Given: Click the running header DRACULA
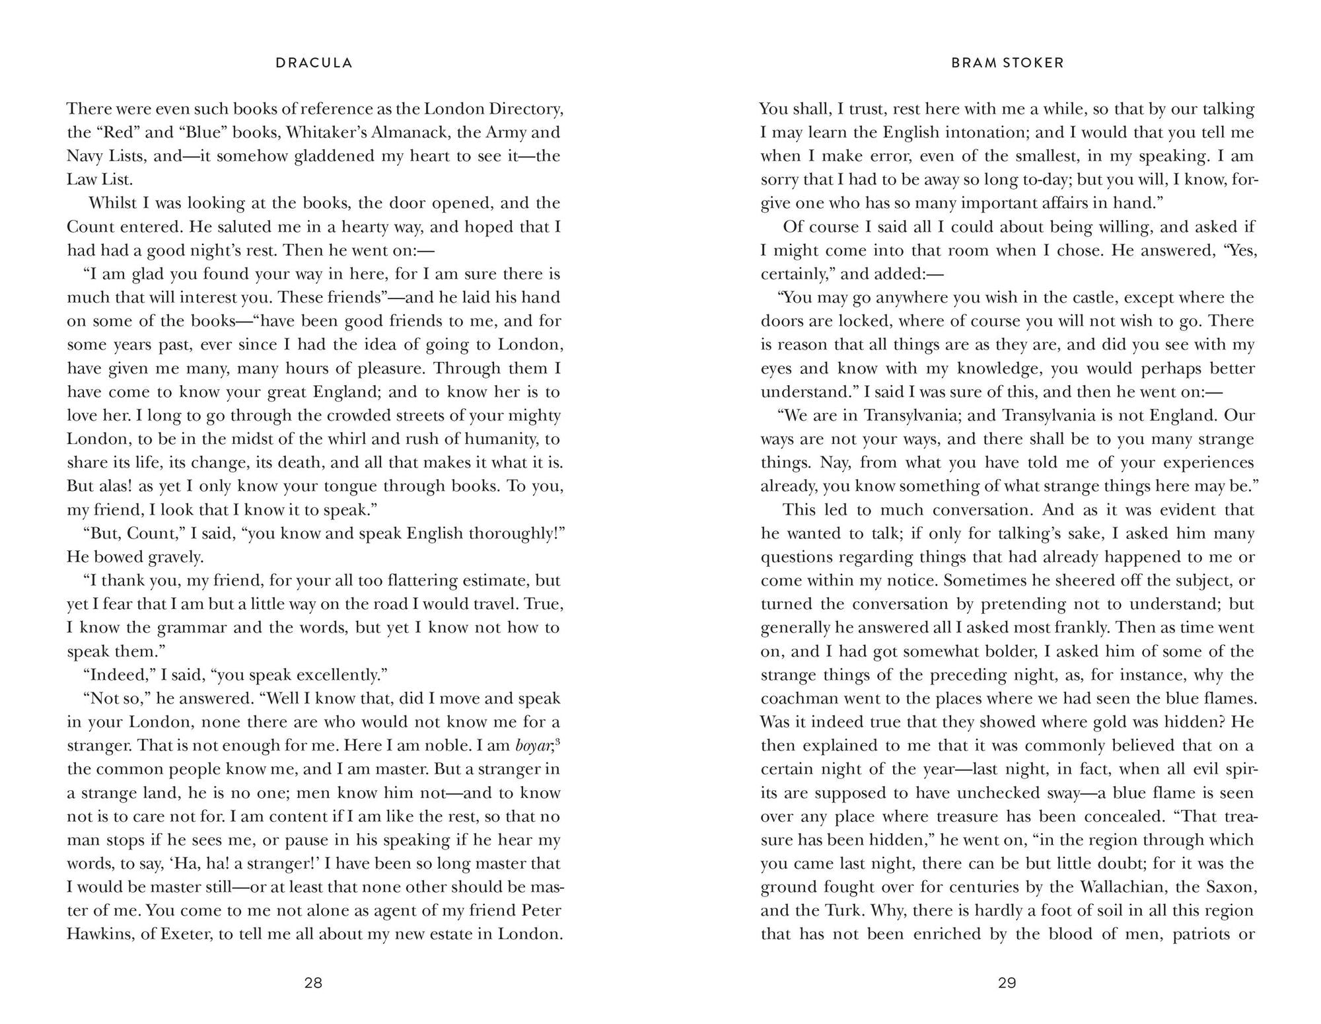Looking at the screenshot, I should pyautogui.click(x=314, y=63).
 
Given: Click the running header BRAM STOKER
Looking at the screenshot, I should pyautogui.click(x=1007, y=63).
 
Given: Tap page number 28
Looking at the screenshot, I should pyautogui.click(x=313, y=982).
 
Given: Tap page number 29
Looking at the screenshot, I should pyautogui.click(x=1007, y=982).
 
